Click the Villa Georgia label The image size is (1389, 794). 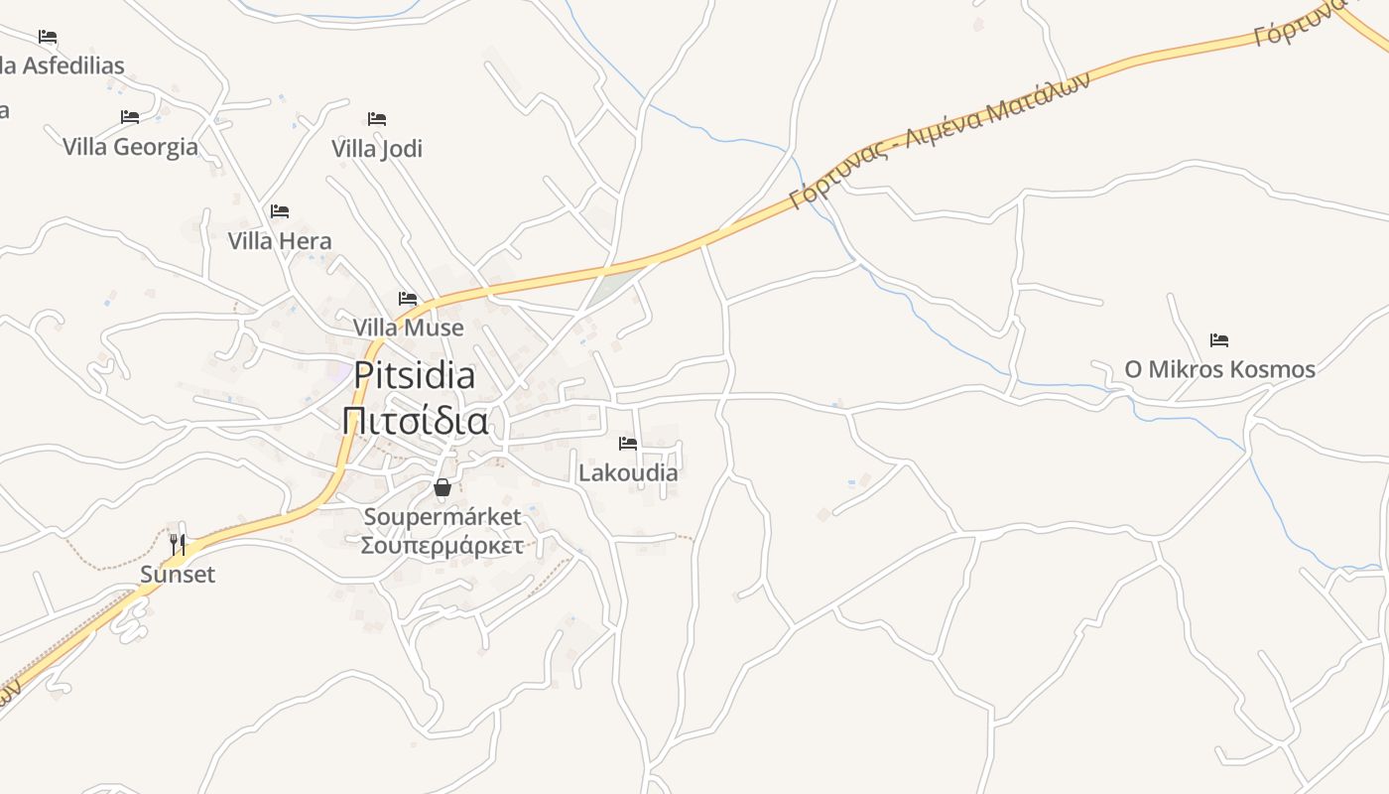coord(130,147)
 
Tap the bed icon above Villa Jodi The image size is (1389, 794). coord(377,119)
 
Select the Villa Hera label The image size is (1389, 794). coord(280,241)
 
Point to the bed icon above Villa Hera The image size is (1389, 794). coord(280,211)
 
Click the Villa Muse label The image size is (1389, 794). coord(408,328)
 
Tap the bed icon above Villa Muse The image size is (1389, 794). coord(408,298)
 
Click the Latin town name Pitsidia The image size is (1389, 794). coord(415,375)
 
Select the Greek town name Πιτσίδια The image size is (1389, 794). coord(415,421)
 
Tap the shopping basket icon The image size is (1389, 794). coord(442,487)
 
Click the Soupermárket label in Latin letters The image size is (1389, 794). coord(442,517)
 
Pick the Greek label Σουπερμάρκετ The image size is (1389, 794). coord(442,545)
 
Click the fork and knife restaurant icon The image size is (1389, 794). coord(178,544)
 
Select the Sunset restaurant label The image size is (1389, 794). coord(178,575)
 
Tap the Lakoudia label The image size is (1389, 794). coord(628,472)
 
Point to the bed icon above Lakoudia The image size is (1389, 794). coord(628,444)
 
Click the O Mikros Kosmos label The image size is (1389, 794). coord(1219,370)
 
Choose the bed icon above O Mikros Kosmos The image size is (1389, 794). coord(1219,340)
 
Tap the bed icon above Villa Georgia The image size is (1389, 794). coord(130,117)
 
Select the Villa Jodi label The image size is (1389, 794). coord(377,149)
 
